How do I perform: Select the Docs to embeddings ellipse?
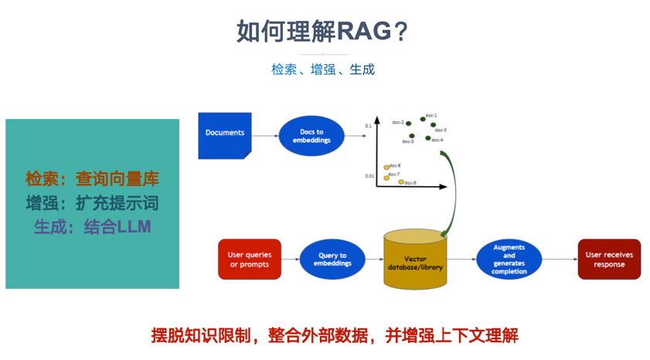pyautogui.click(x=311, y=136)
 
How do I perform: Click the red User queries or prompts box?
pyautogui.click(x=250, y=260)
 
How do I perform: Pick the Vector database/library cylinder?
pyautogui.click(x=415, y=260)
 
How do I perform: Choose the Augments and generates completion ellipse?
pyautogui.click(x=509, y=260)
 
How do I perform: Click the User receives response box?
pyautogui.click(x=609, y=260)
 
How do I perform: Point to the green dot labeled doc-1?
pyautogui.click(x=423, y=119)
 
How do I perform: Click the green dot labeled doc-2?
pyautogui.click(x=409, y=124)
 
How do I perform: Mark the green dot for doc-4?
pyautogui.click(x=427, y=138)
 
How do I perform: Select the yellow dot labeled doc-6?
pyautogui.click(x=386, y=167)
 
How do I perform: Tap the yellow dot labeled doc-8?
pyautogui.click(x=401, y=182)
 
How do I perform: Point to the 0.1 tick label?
pyautogui.click(x=369, y=125)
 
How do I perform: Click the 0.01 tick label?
pyautogui.click(x=370, y=176)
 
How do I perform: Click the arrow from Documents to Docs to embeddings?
pyautogui.click(x=265, y=136)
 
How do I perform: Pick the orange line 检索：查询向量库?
pyautogui.click(x=92, y=179)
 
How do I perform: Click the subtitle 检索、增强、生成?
pyautogui.click(x=323, y=69)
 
